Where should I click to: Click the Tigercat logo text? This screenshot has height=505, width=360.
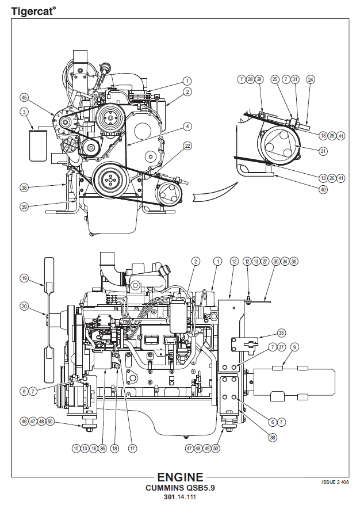tap(33, 10)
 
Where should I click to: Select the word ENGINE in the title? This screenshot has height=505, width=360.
tap(180, 477)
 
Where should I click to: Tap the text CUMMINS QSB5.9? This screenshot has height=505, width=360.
tap(180, 488)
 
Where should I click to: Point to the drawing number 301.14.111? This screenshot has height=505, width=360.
tap(180, 497)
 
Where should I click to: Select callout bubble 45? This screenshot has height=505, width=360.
tap(24, 97)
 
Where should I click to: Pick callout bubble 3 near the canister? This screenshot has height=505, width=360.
tap(24, 112)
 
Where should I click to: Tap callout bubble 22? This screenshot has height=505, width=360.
tap(187, 146)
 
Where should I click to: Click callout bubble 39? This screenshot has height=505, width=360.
tap(24, 206)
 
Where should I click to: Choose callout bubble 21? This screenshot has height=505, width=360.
tap(323, 151)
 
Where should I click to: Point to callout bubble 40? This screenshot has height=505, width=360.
tap(323, 189)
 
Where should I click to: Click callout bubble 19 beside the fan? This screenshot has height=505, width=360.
tap(24, 278)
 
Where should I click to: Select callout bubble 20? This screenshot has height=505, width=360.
tap(24, 307)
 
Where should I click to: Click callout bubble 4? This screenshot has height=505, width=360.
tap(187, 126)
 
